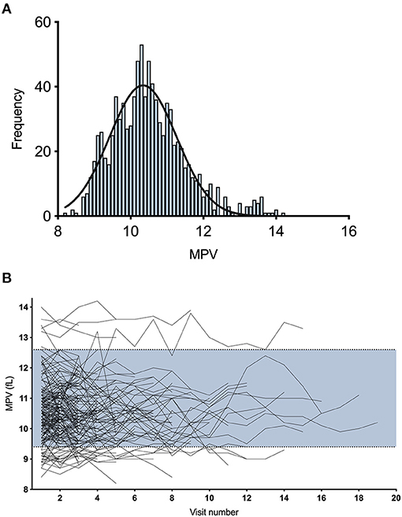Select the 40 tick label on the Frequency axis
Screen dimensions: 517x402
(41, 87)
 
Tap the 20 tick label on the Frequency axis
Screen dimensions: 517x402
(41, 151)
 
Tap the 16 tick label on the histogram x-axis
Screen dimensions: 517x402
(348, 232)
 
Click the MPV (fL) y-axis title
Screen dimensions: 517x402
(10, 397)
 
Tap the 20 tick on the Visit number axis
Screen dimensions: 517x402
(395, 499)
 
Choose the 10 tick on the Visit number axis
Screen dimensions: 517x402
(210, 499)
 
